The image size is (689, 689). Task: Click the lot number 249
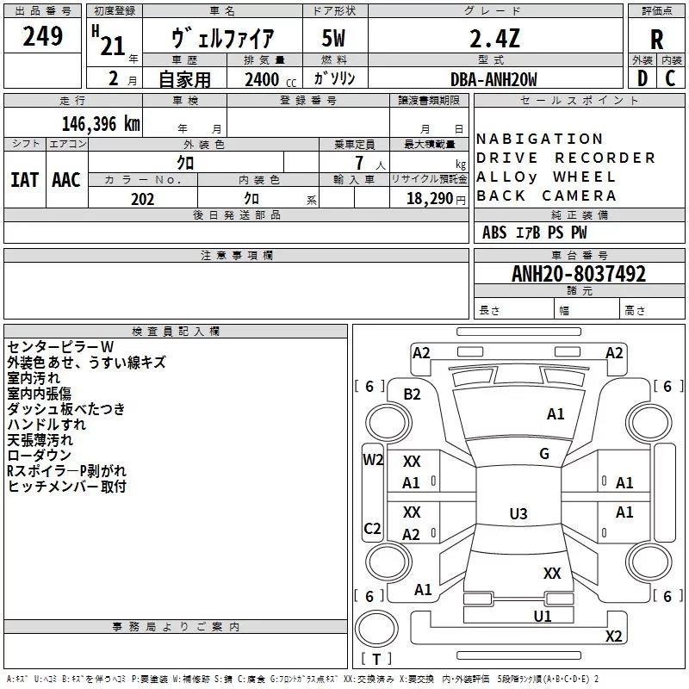42,36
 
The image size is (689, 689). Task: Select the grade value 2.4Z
494,38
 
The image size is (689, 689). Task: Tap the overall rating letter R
656,40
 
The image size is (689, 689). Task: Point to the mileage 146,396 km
101,124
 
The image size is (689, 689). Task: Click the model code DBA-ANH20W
493,79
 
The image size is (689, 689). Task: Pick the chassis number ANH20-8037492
579,274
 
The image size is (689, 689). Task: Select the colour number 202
142,199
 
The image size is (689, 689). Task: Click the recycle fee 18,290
429,199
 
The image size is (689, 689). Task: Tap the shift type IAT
24,180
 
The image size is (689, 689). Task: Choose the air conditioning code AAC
66,180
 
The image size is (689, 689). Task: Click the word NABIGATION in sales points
539,139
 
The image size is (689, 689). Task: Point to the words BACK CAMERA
546,196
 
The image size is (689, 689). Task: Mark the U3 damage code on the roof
518,513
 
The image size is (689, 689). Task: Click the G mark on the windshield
544,454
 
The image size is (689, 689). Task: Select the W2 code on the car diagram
373,460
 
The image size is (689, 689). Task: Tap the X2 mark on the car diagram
613,636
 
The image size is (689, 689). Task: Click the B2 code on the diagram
412,394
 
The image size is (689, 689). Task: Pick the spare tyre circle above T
376,629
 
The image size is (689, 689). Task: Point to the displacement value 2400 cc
270,80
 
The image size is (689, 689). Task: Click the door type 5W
333,38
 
